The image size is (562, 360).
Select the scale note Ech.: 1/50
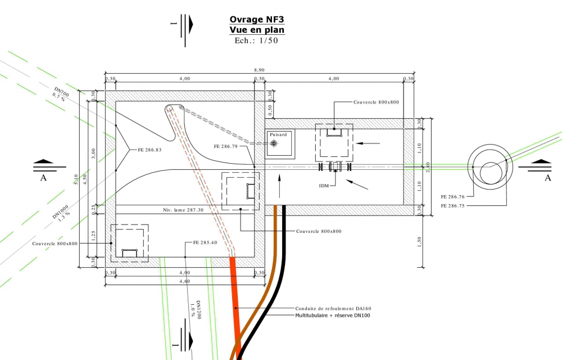[x=256, y=40]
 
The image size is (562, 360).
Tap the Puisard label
[x=278, y=135]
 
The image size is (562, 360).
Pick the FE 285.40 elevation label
[x=205, y=243]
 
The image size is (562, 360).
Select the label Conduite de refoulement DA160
[x=333, y=309]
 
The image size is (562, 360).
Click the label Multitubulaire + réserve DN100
[x=333, y=316]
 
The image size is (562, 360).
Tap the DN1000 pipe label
[x=61, y=210]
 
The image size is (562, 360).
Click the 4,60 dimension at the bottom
[x=184, y=281]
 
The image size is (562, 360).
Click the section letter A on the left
[x=43, y=178]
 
